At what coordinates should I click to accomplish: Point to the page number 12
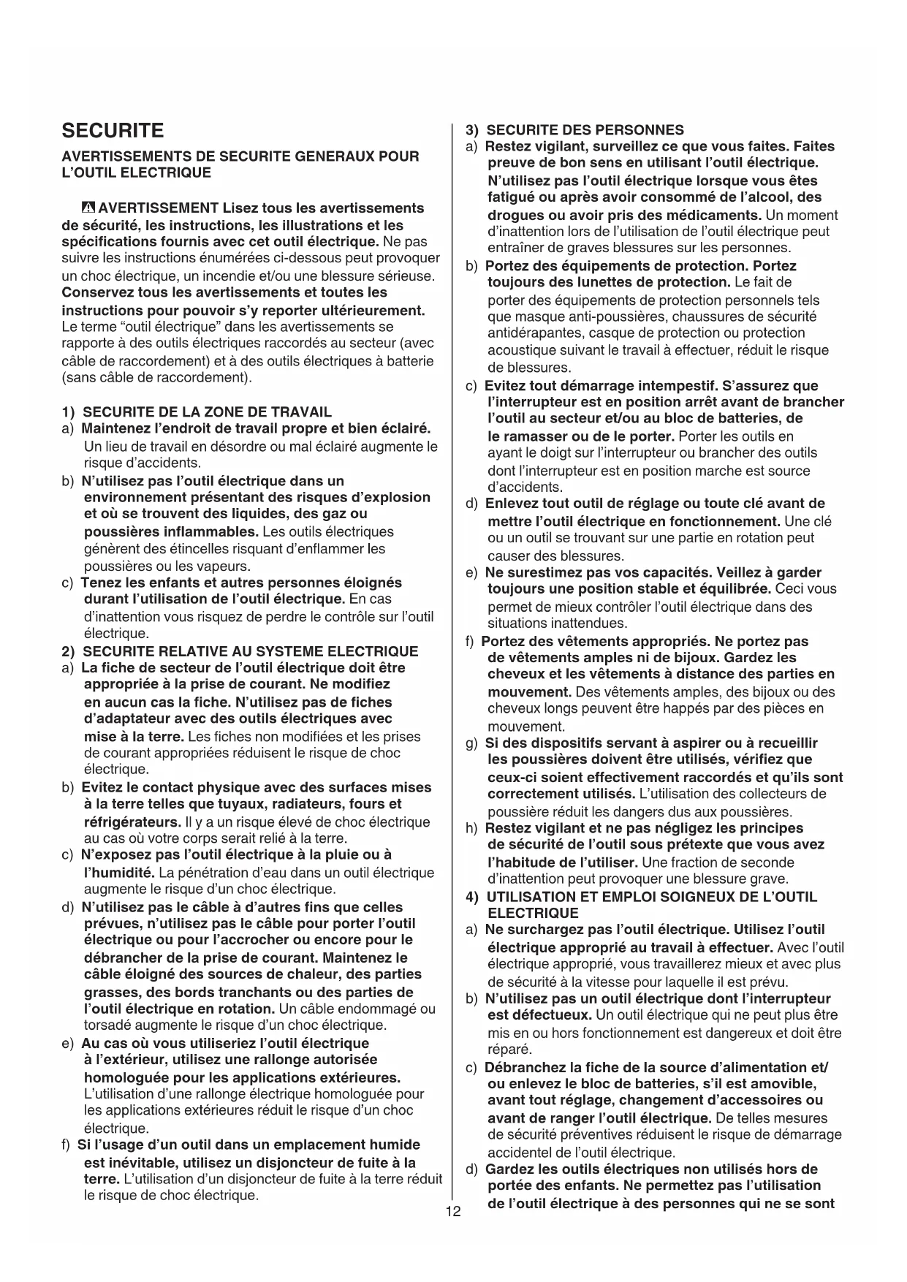[453, 1212]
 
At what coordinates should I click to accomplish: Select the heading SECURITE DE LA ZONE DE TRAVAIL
[207, 412]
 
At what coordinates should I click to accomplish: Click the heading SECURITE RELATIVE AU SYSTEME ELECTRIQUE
[251, 651]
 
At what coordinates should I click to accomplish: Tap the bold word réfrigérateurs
[132, 822]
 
